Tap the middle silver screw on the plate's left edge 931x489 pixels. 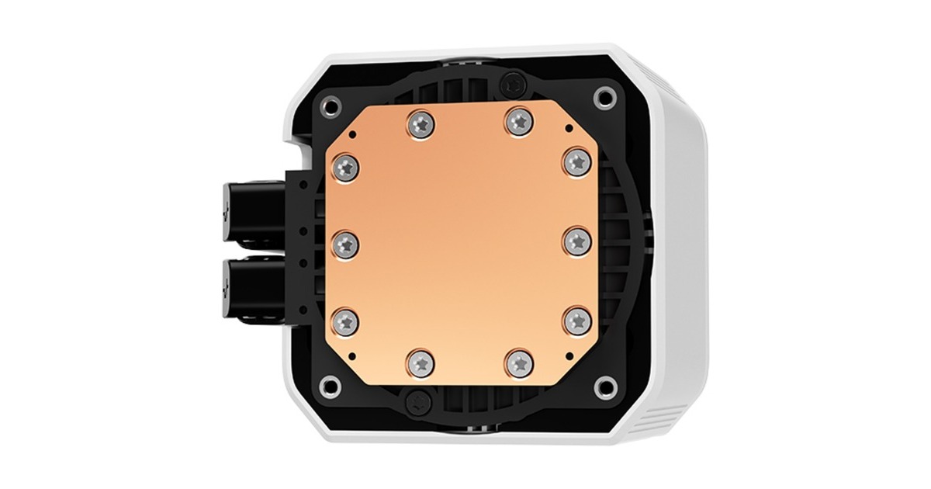click(346, 244)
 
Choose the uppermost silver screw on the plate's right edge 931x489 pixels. click(575, 161)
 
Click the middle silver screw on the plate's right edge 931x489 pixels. click(575, 241)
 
